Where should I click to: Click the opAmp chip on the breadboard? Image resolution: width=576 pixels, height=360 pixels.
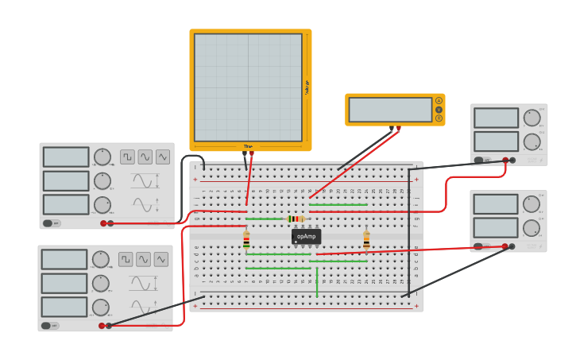point(306,236)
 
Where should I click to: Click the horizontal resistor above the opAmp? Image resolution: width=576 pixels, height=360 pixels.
point(296,219)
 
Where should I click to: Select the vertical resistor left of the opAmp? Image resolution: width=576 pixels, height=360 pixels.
point(246,240)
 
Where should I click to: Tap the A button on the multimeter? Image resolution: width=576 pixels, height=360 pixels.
point(439,101)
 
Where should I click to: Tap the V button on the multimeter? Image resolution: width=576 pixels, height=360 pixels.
point(439,110)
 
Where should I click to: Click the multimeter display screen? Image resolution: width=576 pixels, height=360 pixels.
point(390,110)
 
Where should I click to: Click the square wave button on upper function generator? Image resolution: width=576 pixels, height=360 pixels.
point(127,157)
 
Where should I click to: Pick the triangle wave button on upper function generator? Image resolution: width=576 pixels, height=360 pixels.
point(162,157)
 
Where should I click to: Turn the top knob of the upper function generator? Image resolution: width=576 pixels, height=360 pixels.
point(102,157)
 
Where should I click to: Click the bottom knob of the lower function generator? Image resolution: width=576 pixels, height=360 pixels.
point(101,307)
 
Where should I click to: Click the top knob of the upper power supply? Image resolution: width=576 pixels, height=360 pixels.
point(532,118)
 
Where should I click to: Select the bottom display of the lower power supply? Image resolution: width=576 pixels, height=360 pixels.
point(496,227)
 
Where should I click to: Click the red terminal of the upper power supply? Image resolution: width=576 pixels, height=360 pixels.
point(504,161)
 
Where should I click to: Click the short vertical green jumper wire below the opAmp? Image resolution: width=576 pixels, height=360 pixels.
point(317,283)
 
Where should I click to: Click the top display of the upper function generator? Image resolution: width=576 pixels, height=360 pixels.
point(66,157)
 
